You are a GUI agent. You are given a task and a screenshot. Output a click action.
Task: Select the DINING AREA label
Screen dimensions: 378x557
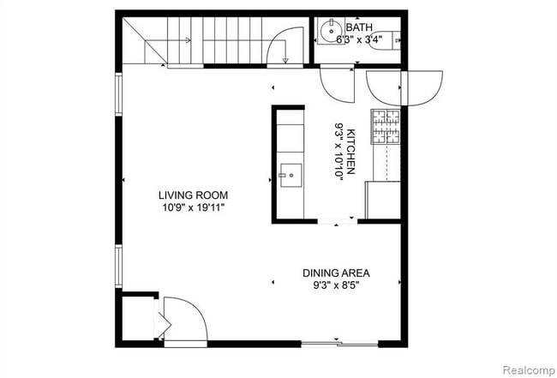point(342,274)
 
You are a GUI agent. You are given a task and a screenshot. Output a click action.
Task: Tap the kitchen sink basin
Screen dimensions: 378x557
point(290,176)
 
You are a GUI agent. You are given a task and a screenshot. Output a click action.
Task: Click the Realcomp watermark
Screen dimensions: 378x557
point(526,371)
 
